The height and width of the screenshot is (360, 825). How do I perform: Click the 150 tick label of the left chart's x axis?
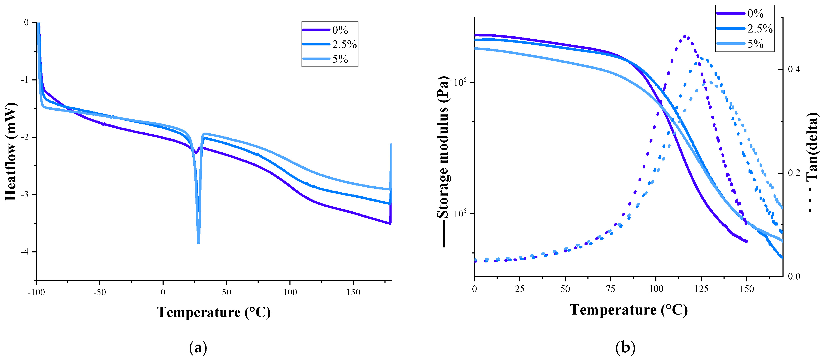[x=353, y=292]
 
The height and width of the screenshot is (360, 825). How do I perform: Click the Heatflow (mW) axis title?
[x=11, y=152]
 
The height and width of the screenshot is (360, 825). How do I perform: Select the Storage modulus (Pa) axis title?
[x=443, y=147]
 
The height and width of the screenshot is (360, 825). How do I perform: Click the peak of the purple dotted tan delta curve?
[x=684, y=36]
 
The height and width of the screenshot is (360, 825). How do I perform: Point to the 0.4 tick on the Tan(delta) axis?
[x=794, y=69]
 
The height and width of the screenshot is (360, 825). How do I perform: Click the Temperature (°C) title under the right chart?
[x=628, y=310]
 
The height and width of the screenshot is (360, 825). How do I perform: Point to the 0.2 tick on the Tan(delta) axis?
[x=794, y=173]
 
